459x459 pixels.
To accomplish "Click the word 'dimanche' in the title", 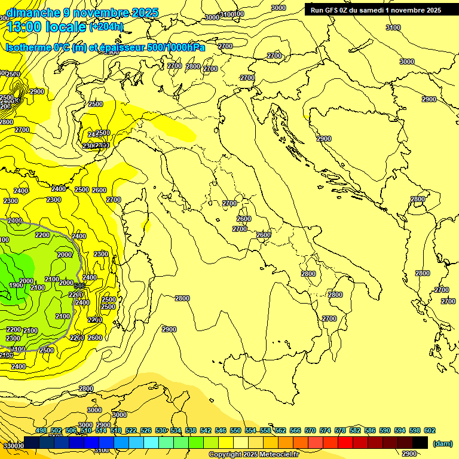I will [33, 13].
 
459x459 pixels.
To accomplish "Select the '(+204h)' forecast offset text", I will [106, 26].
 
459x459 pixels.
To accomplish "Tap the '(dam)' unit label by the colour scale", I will [442, 443].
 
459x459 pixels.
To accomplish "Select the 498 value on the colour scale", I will [41, 430].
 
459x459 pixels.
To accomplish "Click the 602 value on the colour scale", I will [430, 430].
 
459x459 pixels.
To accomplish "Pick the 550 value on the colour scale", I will [235, 430].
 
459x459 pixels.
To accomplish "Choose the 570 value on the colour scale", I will [310, 430].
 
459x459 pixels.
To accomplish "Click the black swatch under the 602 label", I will [420, 443].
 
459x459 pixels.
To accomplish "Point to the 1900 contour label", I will [16, 285].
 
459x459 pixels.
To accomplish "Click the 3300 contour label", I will [13, 446].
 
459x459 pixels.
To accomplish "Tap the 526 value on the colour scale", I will [146, 430].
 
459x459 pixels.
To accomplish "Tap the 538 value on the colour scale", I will [191, 430].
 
